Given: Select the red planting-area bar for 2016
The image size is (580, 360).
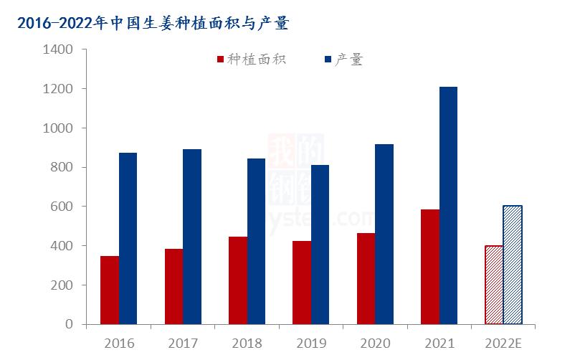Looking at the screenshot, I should coord(110,290).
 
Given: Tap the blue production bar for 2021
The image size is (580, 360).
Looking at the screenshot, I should coord(448,205).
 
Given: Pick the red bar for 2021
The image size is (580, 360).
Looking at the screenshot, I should coord(429,267).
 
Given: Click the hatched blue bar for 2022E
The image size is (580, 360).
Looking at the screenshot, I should coord(513,265).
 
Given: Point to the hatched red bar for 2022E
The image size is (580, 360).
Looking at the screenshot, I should coord(494,285).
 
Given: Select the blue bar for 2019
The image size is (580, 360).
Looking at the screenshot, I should coord(320,245).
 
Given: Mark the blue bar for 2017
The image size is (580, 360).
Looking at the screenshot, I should coord(192,237).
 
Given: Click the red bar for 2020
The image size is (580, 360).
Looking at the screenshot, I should coord(366,278).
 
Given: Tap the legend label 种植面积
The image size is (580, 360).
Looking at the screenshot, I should coord(257,60).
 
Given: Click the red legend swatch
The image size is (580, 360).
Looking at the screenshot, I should coord(220,60).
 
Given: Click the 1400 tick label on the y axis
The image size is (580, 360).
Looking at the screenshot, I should coord(58,50).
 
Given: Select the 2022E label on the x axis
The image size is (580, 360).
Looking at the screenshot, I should coord(503,344).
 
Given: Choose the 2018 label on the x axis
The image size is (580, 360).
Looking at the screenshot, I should coord(247,344).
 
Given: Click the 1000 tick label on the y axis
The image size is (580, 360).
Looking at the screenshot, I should coord(58,128).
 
